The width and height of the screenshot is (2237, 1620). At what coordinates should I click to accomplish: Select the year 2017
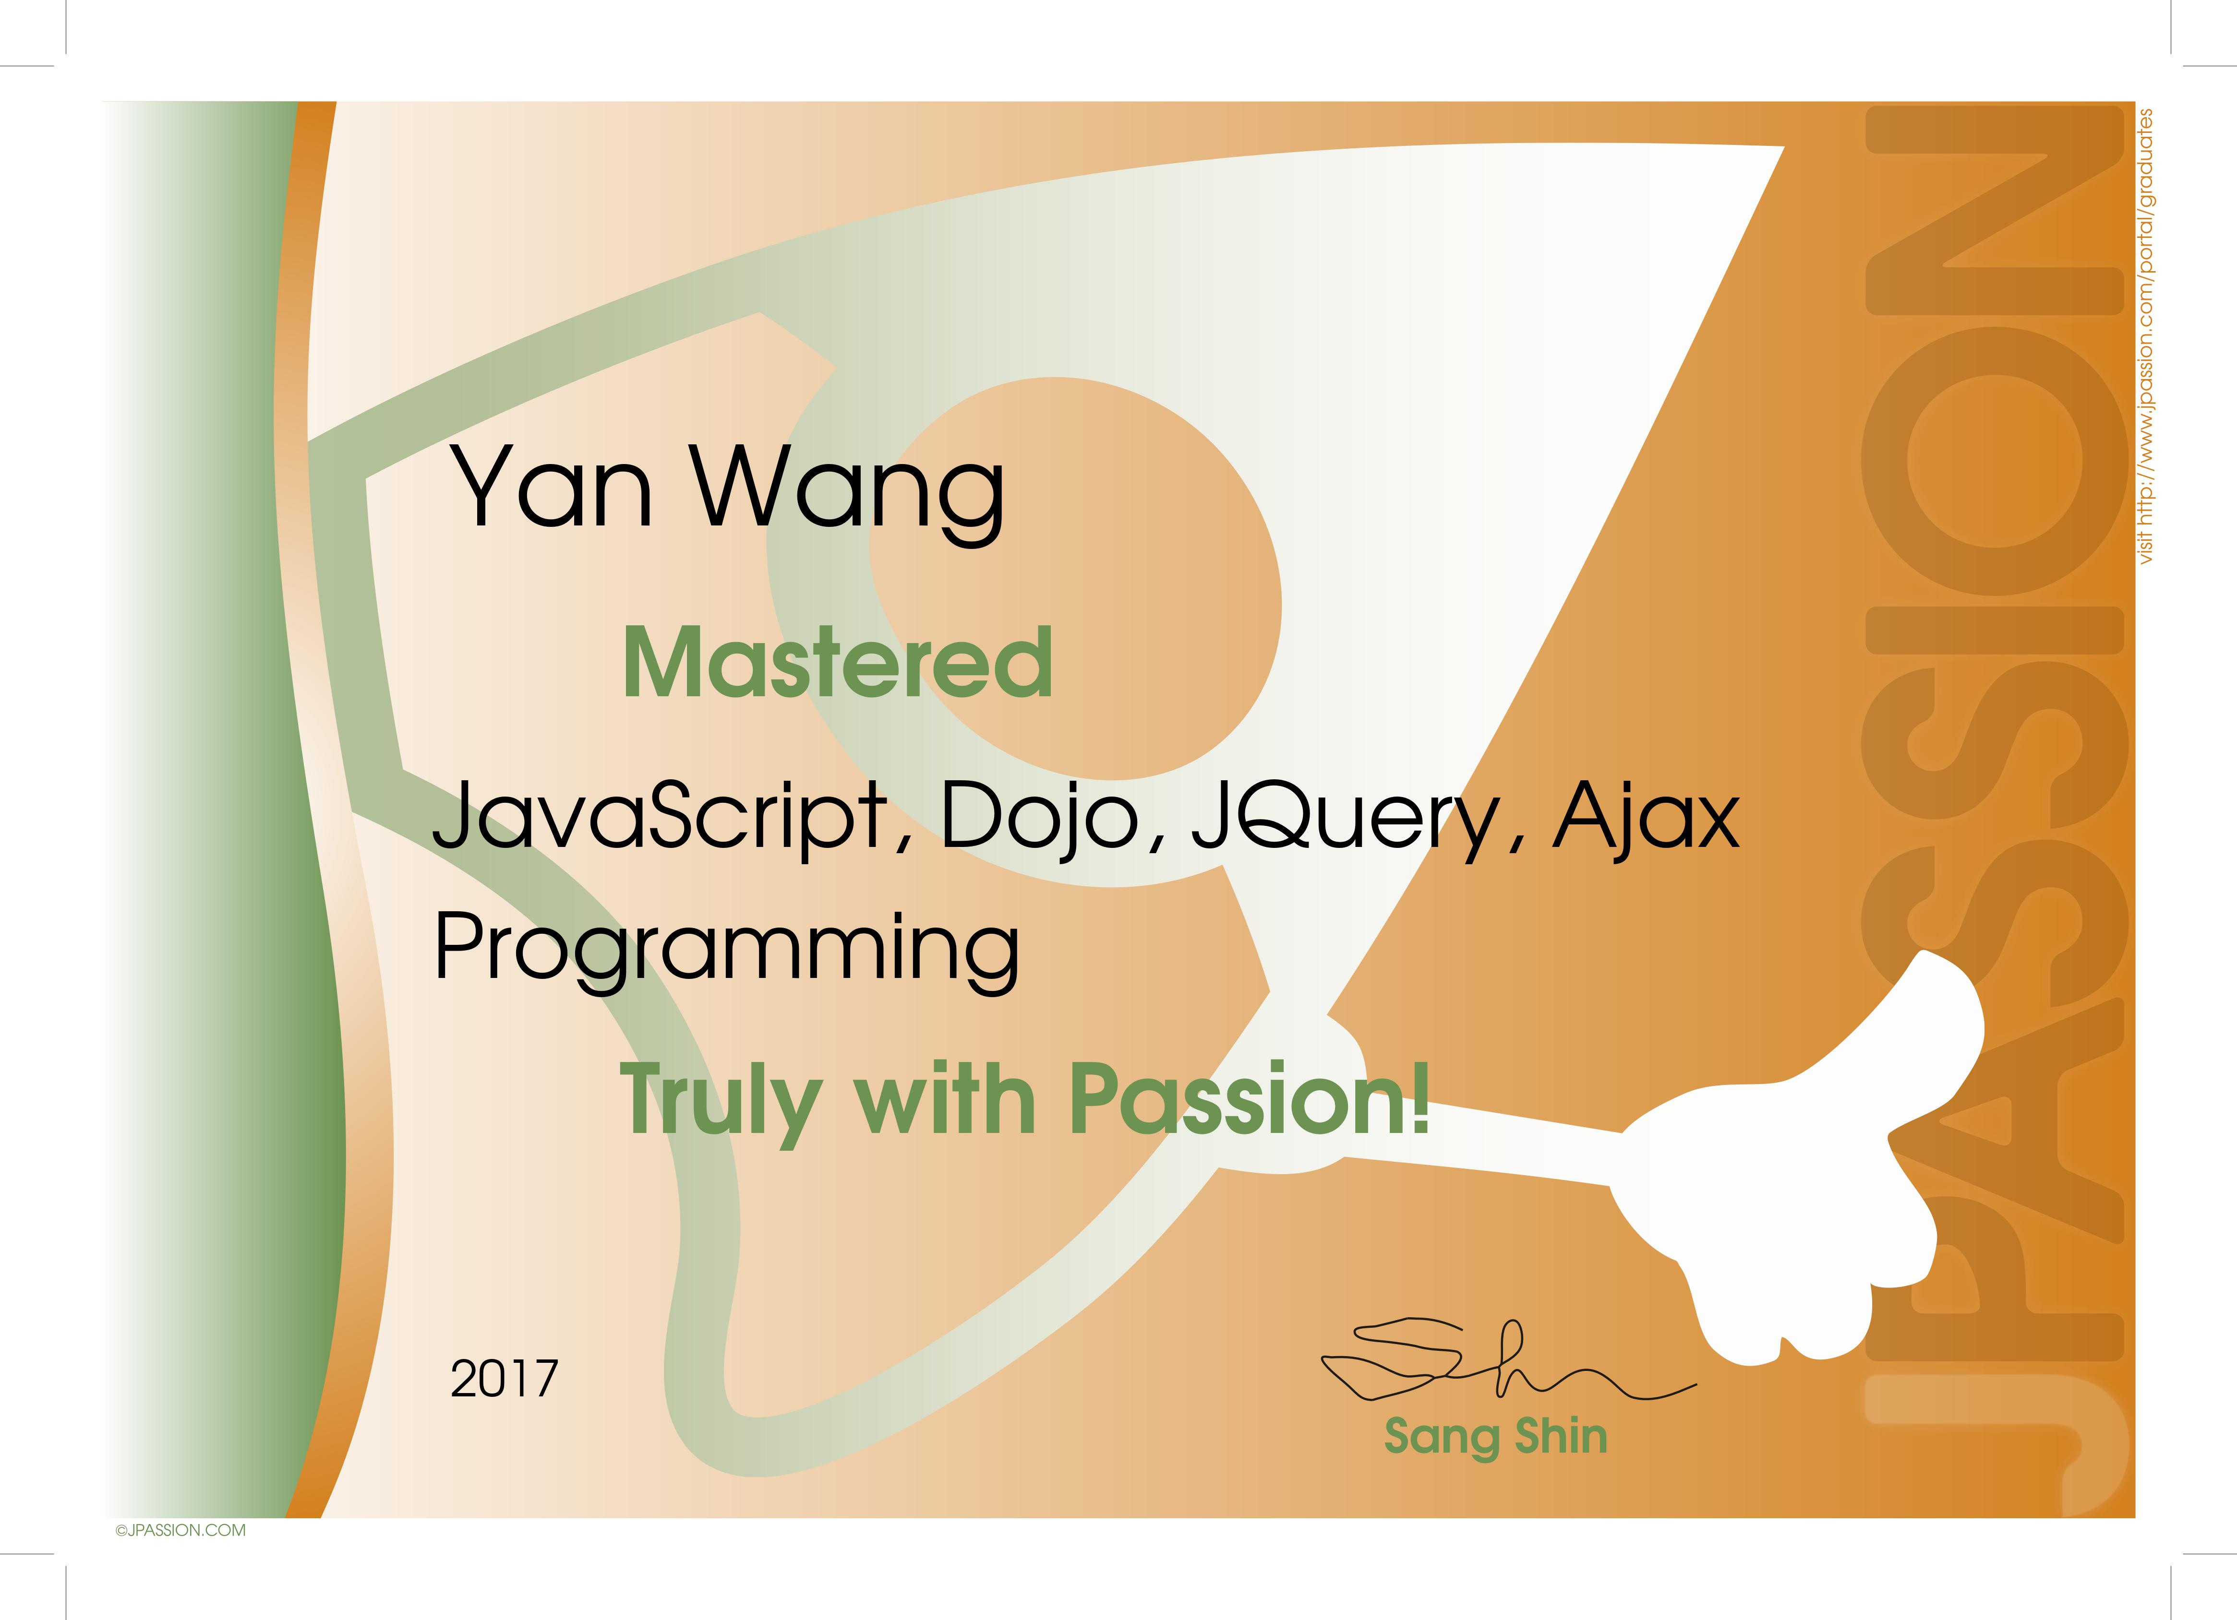[504, 1379]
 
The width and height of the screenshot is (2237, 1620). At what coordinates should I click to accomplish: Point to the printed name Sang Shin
[1495, 1437]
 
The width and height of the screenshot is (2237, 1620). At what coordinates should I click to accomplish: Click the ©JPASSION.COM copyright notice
[180, 1530]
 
